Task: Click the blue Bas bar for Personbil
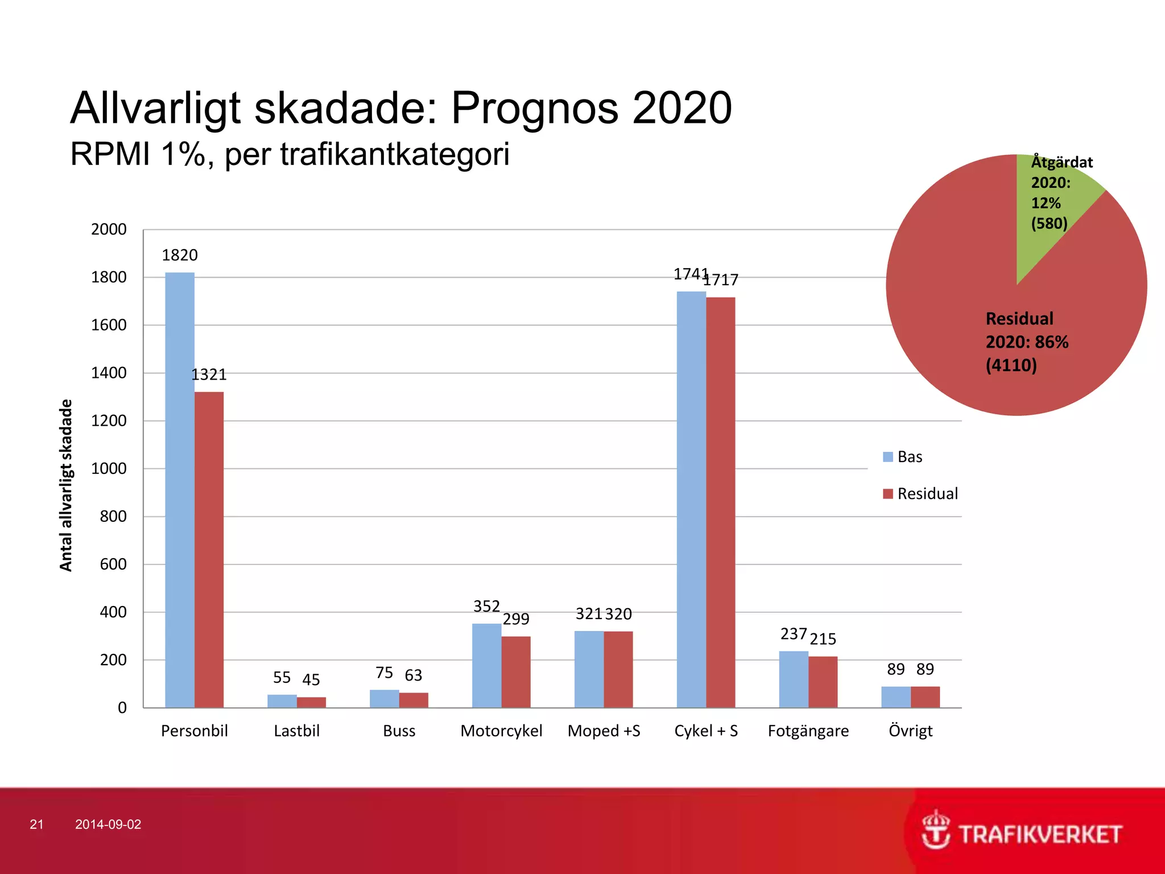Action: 180,489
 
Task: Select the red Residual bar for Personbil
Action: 209,550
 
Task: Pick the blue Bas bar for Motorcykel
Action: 486,666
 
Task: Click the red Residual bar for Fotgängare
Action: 823,682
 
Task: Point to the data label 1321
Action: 209,374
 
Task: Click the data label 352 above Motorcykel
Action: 486,606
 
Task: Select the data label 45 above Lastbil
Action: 311,679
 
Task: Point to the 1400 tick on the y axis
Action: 109,373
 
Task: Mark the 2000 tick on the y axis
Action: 109,229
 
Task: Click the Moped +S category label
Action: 604,731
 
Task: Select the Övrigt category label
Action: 910,731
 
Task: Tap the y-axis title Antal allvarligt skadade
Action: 67,485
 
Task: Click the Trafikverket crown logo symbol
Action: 935,830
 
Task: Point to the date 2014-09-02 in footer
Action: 108,824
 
